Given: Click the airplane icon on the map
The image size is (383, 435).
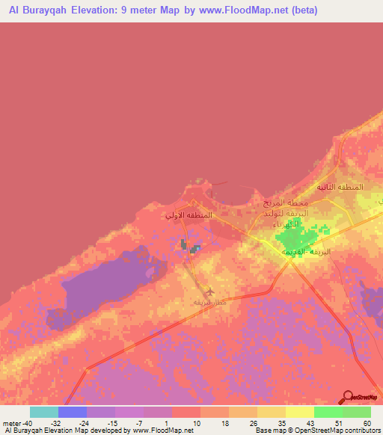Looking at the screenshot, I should pos(209,291).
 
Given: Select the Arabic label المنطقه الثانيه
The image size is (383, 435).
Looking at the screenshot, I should pos(340,187).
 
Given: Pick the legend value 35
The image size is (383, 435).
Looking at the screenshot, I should pos(282,423).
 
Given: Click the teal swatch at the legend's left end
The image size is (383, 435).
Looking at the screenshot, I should pos(43,412).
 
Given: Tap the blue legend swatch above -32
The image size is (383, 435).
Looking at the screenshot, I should pos(73,412).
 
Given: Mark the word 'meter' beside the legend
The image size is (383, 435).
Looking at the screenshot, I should pos(10,423).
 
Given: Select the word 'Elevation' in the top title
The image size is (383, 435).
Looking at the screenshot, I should pos(92,10).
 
